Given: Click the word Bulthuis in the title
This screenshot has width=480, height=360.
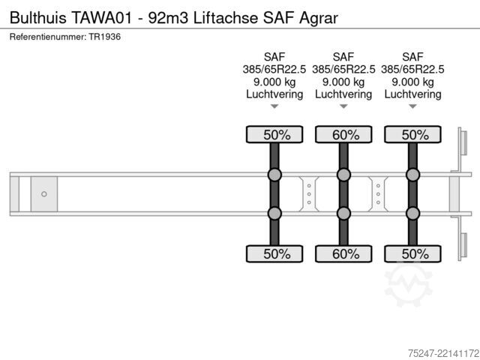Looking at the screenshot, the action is [x=38, y=18].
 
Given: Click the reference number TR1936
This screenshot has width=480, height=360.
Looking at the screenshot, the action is [x=105, y=37].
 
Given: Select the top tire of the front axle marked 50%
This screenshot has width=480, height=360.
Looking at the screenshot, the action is [x=274, y=134].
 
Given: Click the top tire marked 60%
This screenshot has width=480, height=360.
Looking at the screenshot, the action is [x=343, y=134].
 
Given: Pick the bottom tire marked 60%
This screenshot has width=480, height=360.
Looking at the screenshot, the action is [x=343, y=253].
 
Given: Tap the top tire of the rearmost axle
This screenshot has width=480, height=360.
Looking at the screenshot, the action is [x=412, y=134].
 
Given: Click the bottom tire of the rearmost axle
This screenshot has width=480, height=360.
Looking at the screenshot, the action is [x=412, y=253].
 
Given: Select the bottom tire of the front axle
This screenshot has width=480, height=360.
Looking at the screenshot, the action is [x=274, y=253].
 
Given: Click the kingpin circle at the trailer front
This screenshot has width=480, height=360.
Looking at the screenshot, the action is [x=44, y=194].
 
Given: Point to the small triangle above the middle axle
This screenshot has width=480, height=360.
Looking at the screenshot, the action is [x=343, y=106].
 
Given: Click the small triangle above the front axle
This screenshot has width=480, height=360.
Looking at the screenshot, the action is [x=274, y=106].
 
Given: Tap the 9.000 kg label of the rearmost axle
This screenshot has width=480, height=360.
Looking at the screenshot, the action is [x=412, y=82].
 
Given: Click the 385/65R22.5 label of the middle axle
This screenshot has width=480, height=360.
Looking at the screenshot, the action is [x=343, y=70].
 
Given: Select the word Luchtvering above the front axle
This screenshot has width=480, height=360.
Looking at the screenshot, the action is [x=274, y=94].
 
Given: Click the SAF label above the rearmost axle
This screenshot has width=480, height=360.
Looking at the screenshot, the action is [x=412, y=57].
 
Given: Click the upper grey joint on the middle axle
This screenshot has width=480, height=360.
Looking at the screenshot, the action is [x=343, y=175].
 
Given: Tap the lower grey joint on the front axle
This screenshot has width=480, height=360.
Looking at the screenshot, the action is [x=274, y=213].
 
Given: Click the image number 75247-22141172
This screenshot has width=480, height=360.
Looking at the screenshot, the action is [x=444, y=353].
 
